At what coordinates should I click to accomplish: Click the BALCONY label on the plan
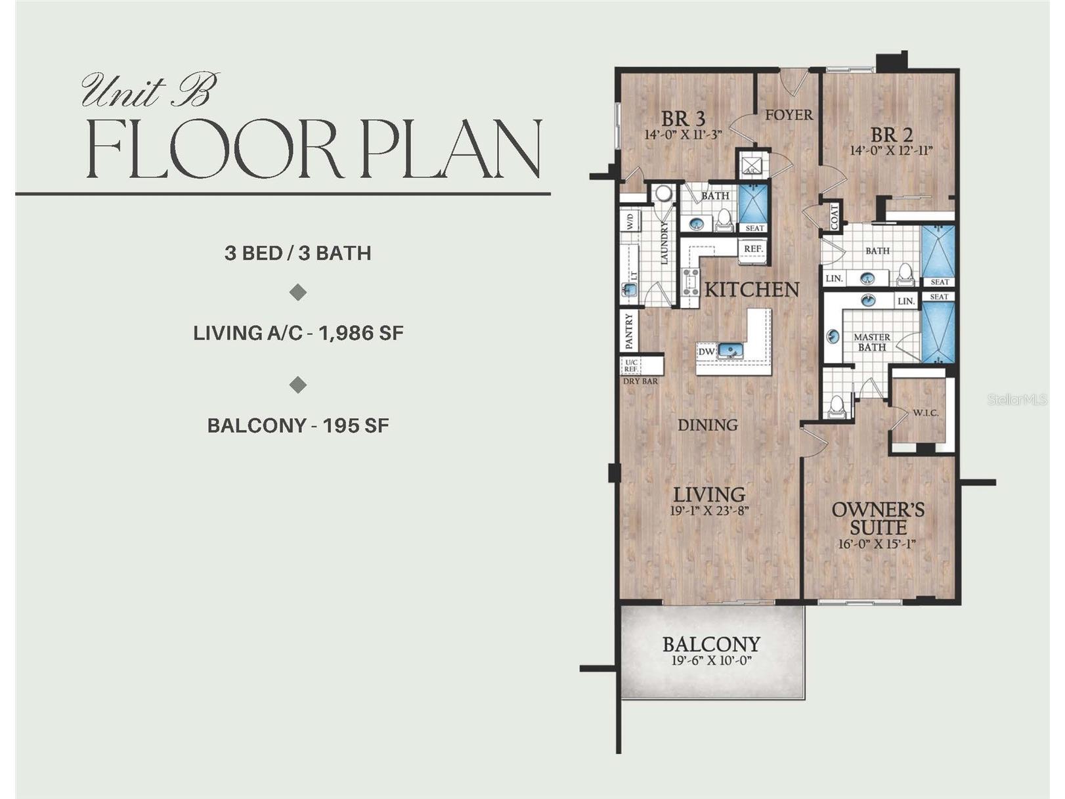tap(711, 644)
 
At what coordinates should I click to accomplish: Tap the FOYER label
tap(789, 115)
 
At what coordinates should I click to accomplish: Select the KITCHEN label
tap(752, 290)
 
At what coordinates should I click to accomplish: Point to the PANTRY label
tap(630, 332)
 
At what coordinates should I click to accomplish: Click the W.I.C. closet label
tap(926, 414)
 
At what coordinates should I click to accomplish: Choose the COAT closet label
tap(834, 217)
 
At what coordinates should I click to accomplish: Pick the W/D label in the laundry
tap(630, 223)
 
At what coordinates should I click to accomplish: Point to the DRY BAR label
tap(640, 381)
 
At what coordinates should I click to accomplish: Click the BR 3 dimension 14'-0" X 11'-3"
tap(683, 135)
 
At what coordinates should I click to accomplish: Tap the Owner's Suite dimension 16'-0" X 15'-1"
tap(877, 544)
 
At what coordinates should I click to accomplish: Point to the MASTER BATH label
tap(872, 342)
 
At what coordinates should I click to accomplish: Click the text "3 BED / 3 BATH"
tap(297, 253)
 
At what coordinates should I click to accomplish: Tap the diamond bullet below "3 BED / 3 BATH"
tap(298, 293)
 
